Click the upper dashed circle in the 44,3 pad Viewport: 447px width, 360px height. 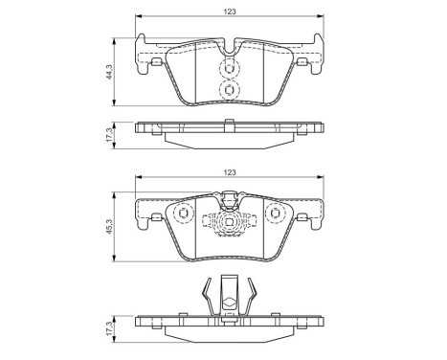tap(229, 69)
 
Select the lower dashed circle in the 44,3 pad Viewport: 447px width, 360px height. tap(229, 89)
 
